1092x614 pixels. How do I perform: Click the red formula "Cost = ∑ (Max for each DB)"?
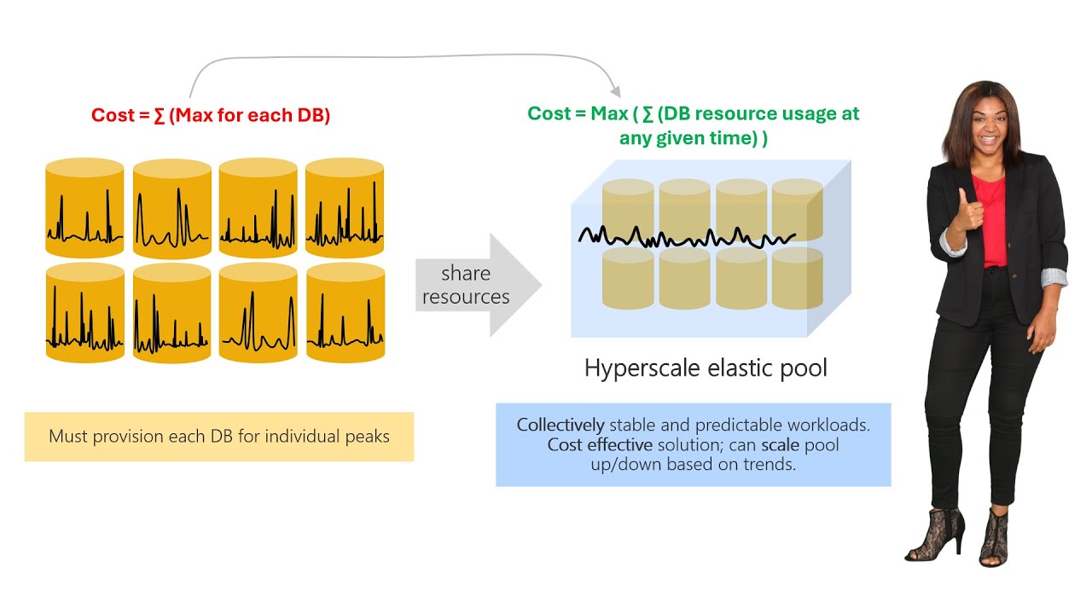(211, 115)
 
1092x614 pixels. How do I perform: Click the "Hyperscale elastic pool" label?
(706, 368)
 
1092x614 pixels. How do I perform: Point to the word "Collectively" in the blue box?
(561, 425)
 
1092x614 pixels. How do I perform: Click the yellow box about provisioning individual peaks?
(218, 437)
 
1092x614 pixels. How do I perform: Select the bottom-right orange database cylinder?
(345, 313)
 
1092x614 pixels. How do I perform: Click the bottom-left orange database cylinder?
(84, 313)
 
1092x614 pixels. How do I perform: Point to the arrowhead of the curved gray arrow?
(613, 88)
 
